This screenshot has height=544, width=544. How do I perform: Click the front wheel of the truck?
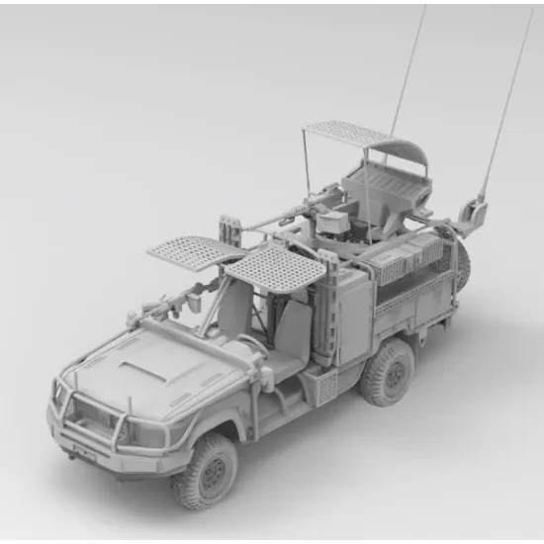tap(205, 469)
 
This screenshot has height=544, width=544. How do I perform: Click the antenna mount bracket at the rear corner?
tap(477, 212)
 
